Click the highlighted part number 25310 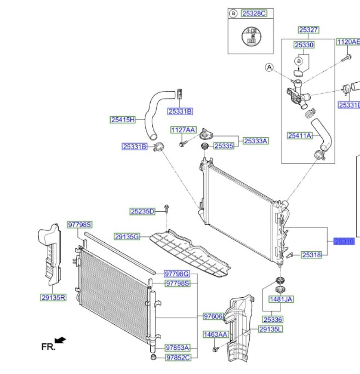344,242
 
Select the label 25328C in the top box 253,14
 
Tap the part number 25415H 122,120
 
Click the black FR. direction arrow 60,340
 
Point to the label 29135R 53,298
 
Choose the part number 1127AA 183,130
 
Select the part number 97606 213,317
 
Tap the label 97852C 178,358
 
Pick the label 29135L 271,329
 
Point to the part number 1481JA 281,299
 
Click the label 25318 311,255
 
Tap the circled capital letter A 269,67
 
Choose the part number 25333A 256,141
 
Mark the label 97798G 177,274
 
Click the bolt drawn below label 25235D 167,207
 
